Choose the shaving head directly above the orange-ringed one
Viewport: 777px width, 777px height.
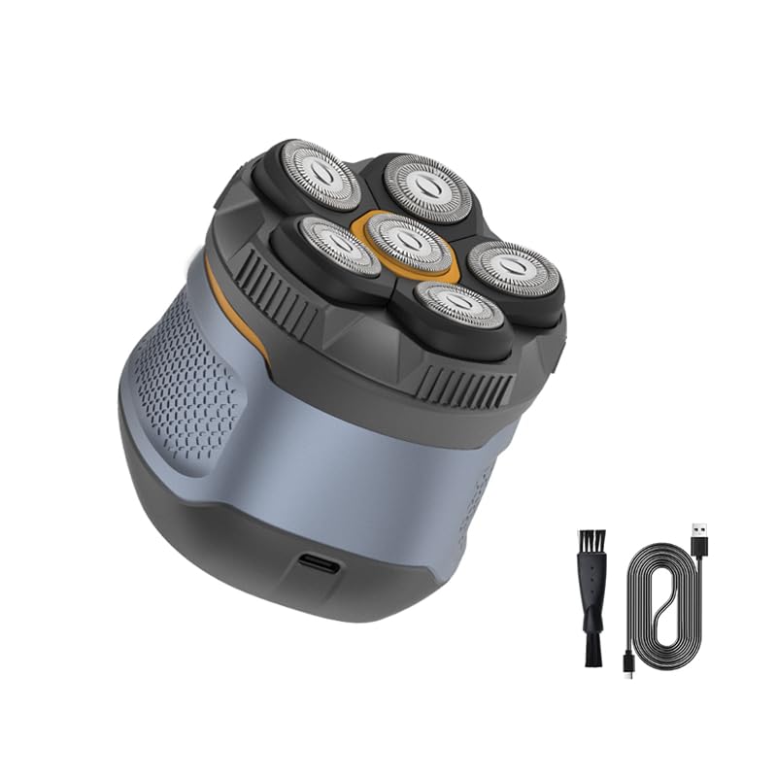pyautogui.click(x=424, y=185)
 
